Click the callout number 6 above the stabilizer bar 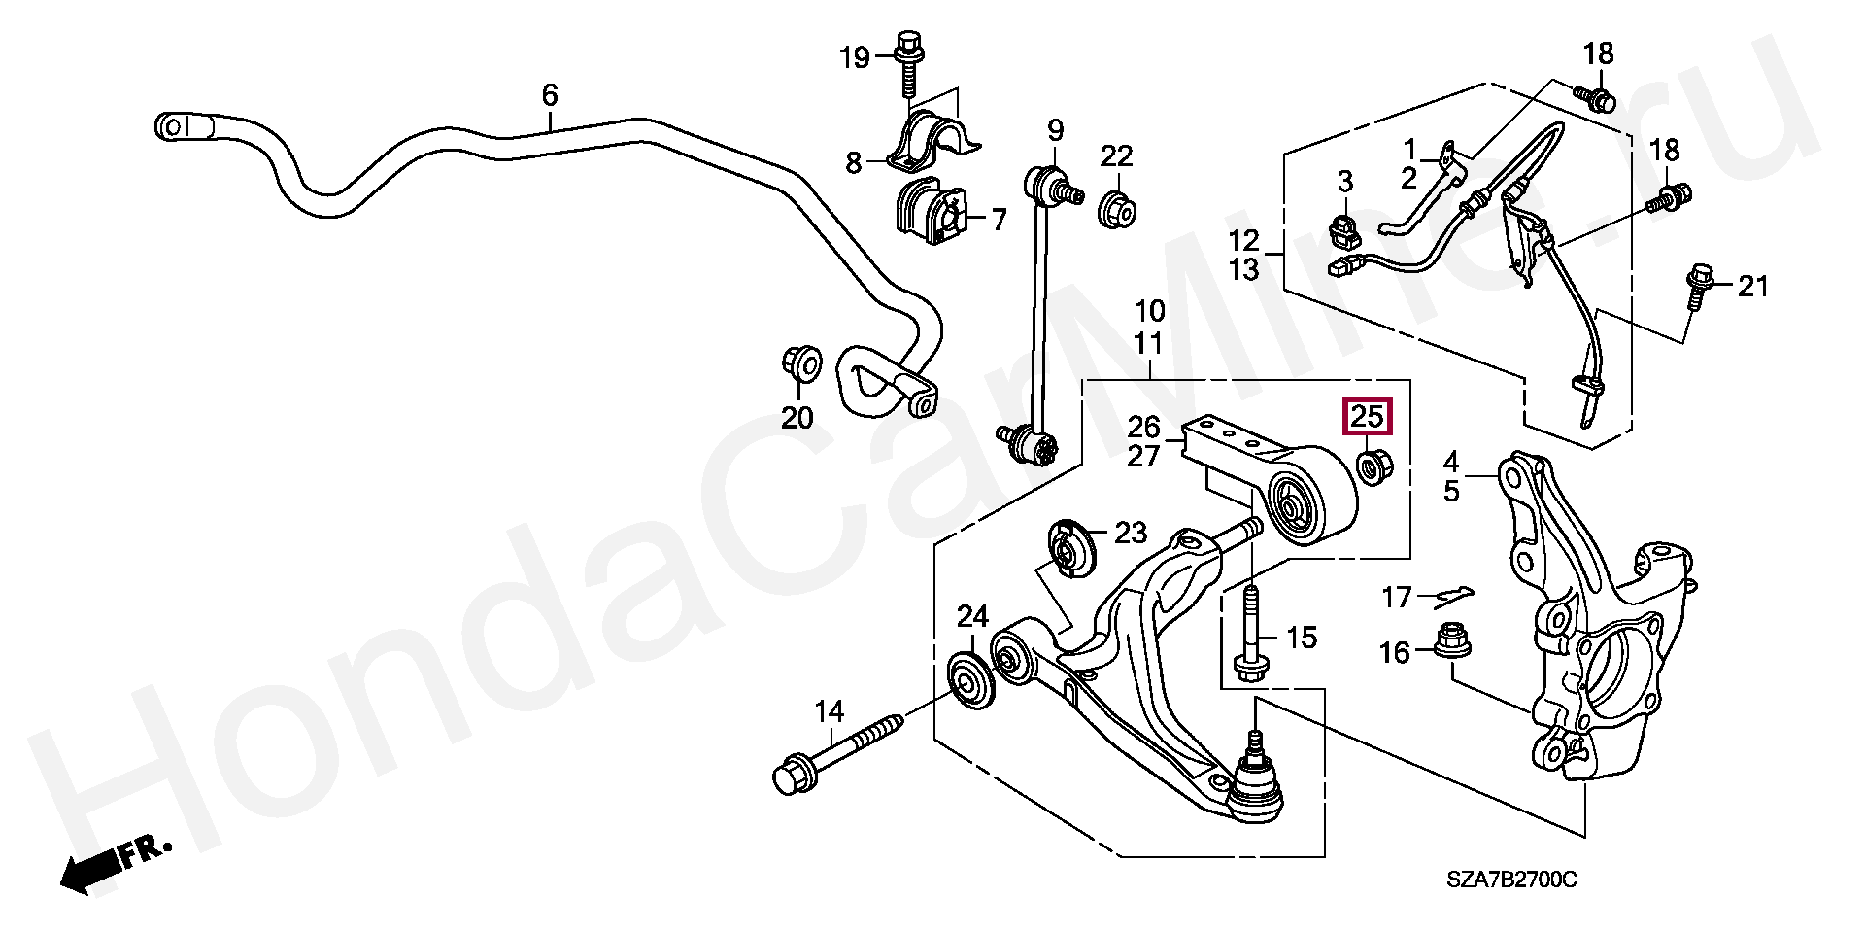point(550,95)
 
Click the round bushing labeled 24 point(290,683)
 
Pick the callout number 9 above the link point(1055,128)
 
